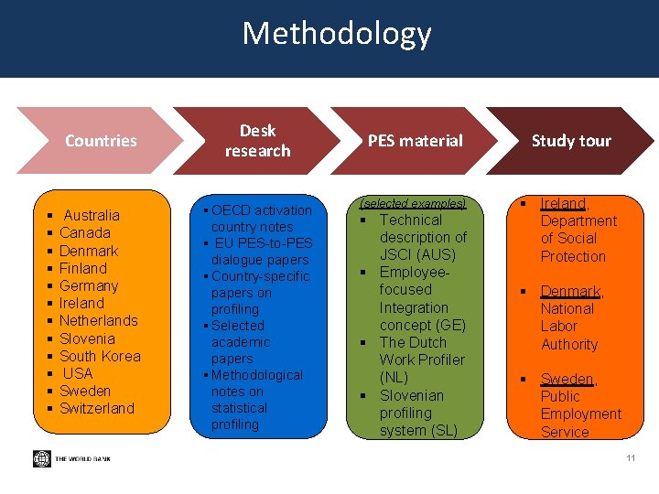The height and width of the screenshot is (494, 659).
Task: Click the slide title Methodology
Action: click(336, 34)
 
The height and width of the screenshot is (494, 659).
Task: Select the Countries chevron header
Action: click(101, 141)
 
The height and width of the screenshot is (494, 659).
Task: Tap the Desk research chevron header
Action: click(257, 141)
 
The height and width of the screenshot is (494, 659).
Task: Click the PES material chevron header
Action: click(415, 141)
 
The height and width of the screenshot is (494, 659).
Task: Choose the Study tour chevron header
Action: click(571, 141)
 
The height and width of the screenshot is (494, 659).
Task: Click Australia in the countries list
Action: click(92, 216)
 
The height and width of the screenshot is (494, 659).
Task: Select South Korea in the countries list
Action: click(100, 356)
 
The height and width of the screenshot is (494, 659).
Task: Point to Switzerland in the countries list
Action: click(96, 408)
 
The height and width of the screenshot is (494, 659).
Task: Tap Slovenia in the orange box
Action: click(87, 338)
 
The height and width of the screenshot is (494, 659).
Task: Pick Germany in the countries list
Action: click(89, 285)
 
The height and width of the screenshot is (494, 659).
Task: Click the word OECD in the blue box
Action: click(232, 210)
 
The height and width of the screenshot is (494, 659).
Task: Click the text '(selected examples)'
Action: click(413, 203)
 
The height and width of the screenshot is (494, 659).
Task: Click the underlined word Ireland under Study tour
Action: click(563, 203)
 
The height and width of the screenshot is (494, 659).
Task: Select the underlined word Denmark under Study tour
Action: click(570, 291)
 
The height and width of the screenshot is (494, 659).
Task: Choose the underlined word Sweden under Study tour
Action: click(567, 379)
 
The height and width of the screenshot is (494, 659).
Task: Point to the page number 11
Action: click(631, 457)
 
